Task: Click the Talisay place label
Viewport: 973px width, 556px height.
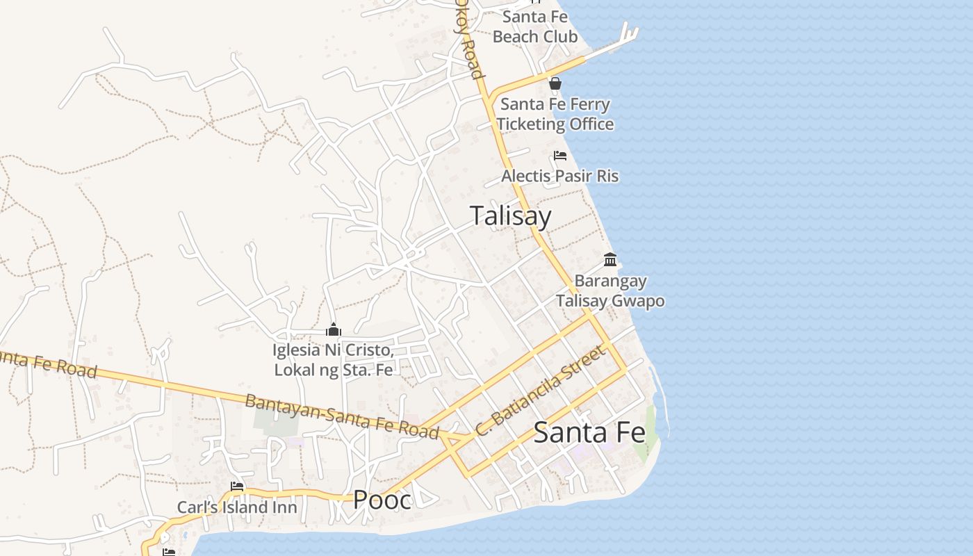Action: point(510,215)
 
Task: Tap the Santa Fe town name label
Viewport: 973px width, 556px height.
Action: point(589,433)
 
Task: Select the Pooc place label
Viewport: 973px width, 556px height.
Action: point(382,500)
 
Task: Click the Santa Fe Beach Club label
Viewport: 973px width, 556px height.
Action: point(535,26)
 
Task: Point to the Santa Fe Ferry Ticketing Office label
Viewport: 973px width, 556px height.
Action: point(555,114)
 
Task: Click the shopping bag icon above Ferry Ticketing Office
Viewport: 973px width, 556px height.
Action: point(555,84)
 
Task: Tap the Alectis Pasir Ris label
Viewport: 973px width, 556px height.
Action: point(559,176)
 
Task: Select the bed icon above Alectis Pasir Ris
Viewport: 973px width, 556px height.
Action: point(560,156)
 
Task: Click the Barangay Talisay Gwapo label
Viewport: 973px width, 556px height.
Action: point(610,291)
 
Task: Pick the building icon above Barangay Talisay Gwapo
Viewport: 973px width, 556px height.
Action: point(610,260)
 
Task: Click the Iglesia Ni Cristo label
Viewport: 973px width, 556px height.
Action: point(334,360)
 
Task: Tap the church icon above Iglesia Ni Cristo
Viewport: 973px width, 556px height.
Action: point(334,329)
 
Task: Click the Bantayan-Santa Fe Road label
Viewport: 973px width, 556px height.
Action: point(342,416)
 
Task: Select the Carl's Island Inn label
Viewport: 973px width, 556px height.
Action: point(237,507)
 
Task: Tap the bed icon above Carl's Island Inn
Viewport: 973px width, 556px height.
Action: point(237,486)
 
